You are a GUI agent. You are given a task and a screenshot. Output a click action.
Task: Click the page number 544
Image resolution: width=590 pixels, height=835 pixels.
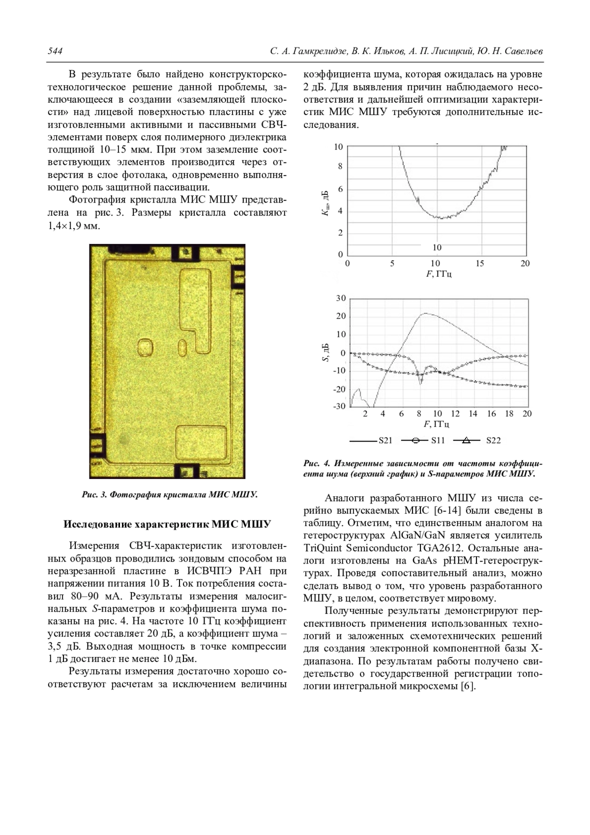(54, 51)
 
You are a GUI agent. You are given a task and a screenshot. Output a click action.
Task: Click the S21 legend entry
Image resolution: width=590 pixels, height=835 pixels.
(385, 441)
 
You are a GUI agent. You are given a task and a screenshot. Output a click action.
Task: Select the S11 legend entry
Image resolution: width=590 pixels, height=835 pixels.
(438, 441)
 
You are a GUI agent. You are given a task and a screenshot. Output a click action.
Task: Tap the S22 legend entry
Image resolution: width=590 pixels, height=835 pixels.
(493, 441)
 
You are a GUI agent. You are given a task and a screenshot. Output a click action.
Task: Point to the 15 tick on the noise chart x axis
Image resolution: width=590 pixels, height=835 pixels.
(481, 264)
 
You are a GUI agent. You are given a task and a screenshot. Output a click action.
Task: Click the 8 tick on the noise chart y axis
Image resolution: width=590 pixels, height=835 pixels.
(340, 167)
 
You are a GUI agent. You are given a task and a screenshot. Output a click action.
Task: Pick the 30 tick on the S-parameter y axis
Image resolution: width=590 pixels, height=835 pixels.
(341, 298)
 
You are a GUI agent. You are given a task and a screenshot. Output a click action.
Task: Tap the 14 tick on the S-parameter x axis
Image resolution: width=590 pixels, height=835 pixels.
(473, 414)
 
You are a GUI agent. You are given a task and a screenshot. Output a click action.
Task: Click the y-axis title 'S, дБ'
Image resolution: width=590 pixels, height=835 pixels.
(325, 352)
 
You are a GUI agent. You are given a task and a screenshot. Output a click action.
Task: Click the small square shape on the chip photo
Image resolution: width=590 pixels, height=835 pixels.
(146, 347)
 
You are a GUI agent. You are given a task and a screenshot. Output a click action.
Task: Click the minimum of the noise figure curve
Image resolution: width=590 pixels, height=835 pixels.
(442, 218)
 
